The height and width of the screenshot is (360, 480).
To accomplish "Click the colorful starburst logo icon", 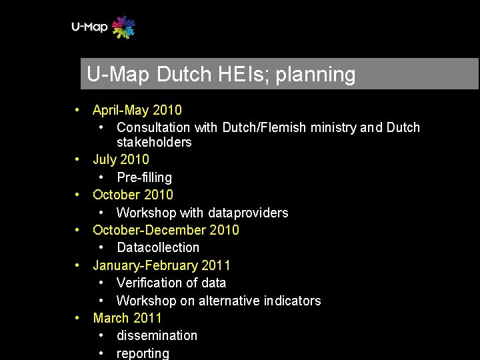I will (x=123, y=27).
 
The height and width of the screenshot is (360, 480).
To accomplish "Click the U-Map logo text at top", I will (x=89, y=27).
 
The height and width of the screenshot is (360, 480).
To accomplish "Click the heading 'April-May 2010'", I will (x=137, y=110).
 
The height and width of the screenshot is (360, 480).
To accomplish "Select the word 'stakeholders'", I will (x=154, y=142).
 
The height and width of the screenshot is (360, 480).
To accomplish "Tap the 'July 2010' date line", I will (x=121, y=159).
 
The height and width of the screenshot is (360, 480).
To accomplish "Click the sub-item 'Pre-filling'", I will (x=144, y=177).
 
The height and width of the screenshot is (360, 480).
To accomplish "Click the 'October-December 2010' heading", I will (x=166, y=230).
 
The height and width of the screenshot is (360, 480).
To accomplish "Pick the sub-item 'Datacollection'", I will (x=158, y=247).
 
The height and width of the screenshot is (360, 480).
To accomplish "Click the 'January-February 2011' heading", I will (x=162, y=265).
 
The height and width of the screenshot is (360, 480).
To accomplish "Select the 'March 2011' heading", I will (x=127, y=318).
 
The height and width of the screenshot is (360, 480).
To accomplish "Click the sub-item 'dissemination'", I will (x=157, y=335).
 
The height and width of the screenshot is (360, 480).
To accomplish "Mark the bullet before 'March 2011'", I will (x=78, y=318).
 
